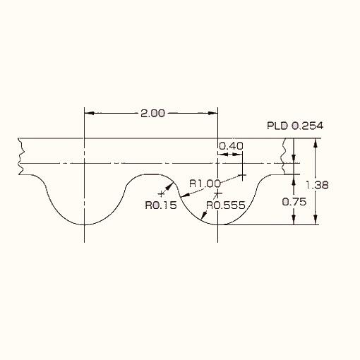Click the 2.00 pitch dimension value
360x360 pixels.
[152, 114]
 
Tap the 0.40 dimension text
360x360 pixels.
[231, 146]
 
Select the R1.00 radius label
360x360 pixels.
[205, 184]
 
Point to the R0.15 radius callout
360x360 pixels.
[161, 205]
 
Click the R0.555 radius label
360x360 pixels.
[226, 205]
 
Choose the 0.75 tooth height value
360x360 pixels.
[294, 202]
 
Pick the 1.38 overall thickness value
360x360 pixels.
[317, 185]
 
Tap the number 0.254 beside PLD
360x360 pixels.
[307, 126]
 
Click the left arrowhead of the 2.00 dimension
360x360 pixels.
[89, 113]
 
